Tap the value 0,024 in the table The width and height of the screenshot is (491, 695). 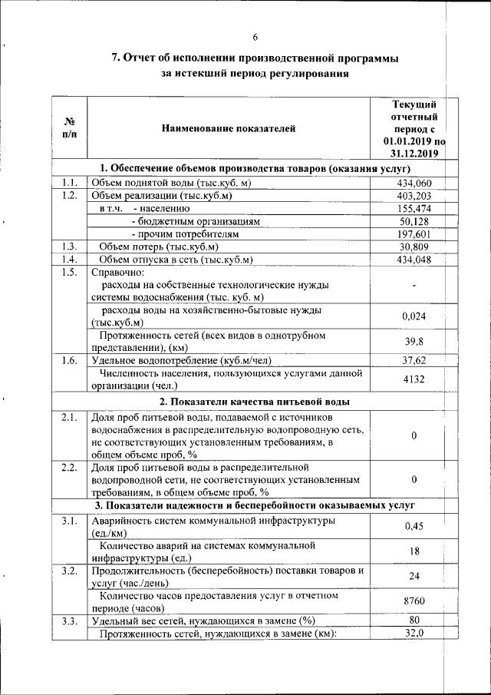click(414, 316)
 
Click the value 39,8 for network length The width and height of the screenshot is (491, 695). click(414, 342)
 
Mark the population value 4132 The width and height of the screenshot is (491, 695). click(414, 379)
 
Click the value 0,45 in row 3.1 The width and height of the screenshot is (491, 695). click(414, 526)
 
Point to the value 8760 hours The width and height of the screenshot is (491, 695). click(414, 601)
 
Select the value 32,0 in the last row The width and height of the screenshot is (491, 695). click(414, 633)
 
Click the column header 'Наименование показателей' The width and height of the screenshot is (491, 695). click(228, 128)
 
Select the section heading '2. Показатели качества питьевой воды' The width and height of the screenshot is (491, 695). click(255, 402)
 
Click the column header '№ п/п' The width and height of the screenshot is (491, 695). click(69, 128)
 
